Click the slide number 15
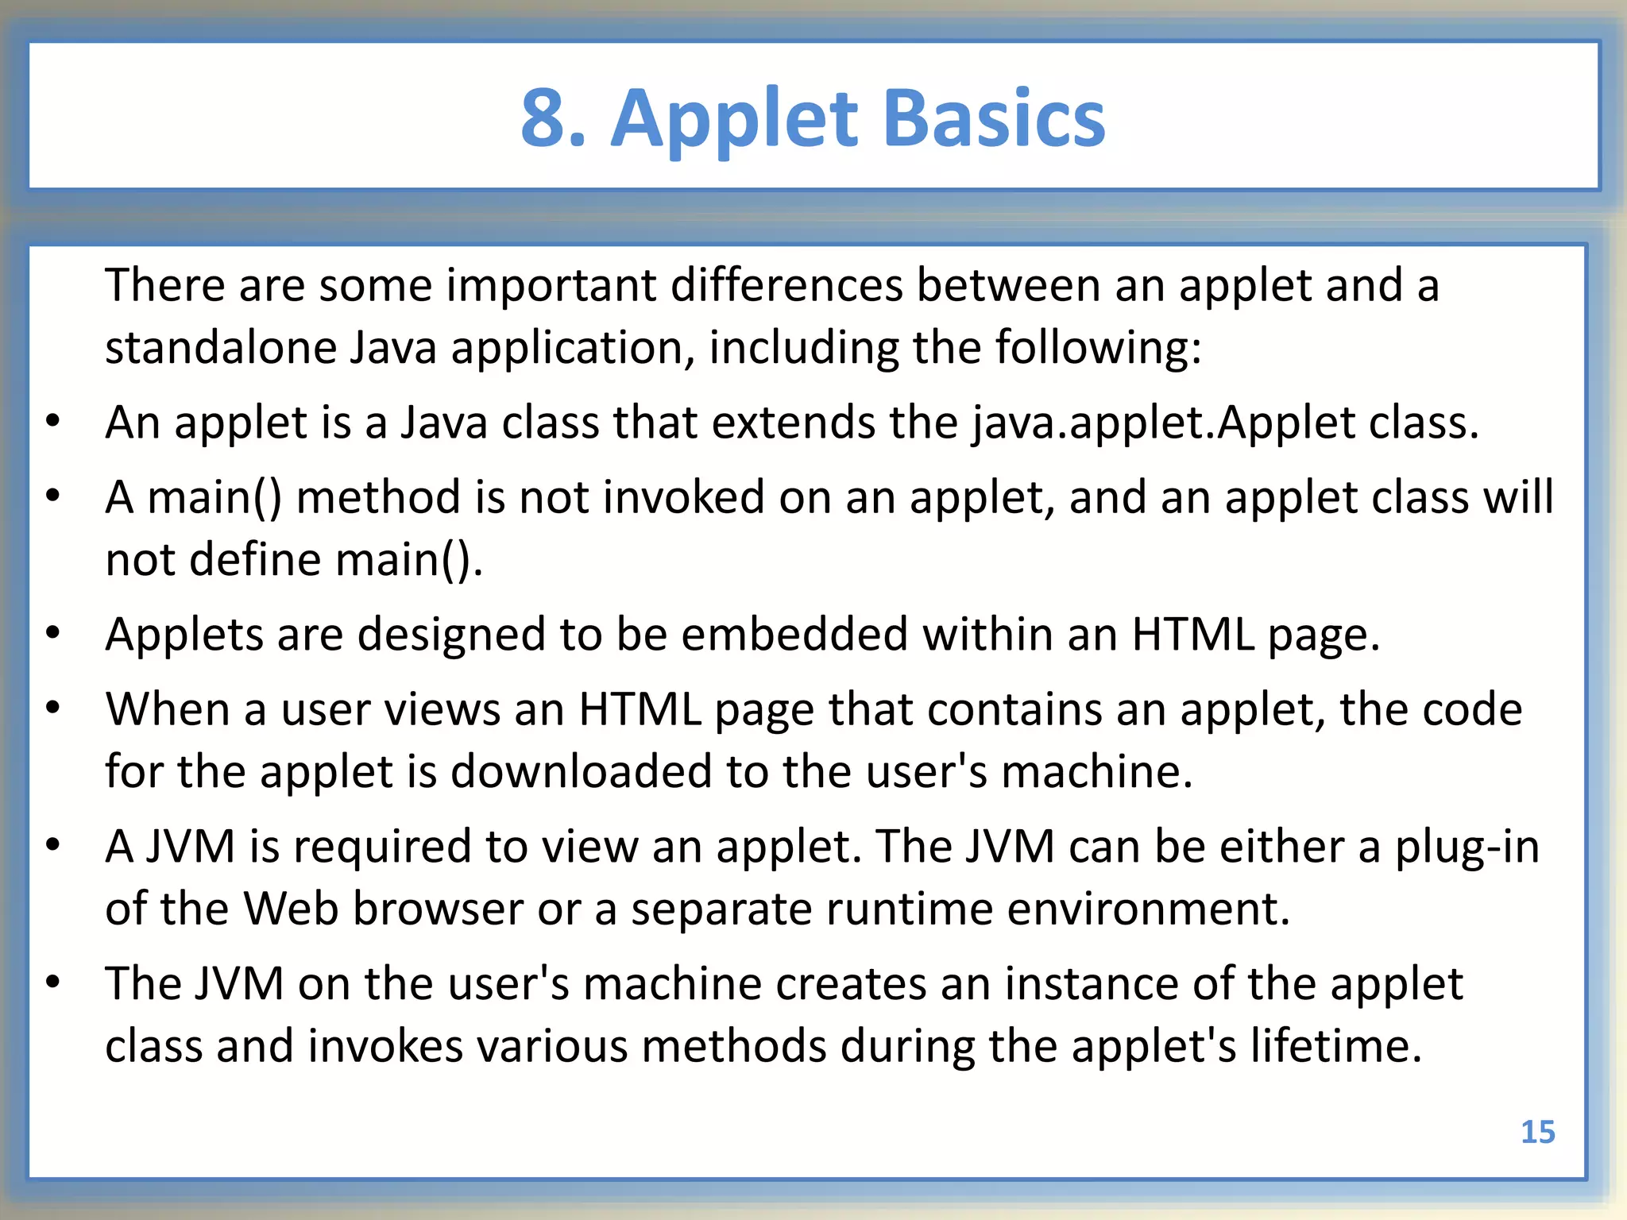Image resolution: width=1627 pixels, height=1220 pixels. click(x=1537, y=1132)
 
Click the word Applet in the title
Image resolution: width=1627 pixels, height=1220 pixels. click(x=734, y=118)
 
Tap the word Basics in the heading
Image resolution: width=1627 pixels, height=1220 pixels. click(x=993, y=118)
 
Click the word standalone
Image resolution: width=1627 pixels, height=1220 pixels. click(x=221, y=348)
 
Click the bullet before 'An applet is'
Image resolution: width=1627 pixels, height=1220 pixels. click(x=53, y=421)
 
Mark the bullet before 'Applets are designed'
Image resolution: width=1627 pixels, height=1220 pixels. click(x=53, y=633)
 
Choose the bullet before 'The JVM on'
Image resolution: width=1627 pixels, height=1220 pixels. click(x=53, y=983)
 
